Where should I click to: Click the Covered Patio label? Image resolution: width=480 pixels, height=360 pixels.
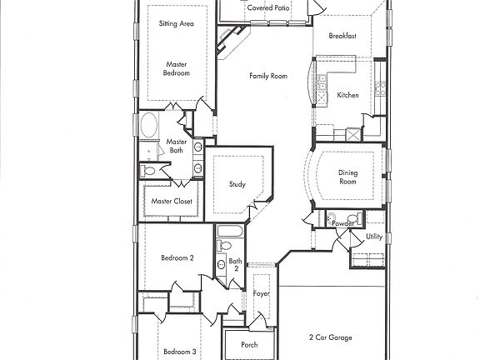click(x=269, y=7)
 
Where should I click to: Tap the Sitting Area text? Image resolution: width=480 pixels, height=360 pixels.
click(x=177, y=24)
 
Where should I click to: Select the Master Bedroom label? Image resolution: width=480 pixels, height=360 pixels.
click(x=177, y=68)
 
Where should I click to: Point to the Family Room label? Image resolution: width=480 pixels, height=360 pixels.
click(x=267, y=76)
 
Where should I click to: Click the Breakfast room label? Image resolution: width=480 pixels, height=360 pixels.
click(x=342, y=37)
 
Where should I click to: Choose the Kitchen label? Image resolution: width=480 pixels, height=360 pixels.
click(x=347, y=95)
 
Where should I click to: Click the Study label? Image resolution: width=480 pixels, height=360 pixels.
click(x=237, y=184)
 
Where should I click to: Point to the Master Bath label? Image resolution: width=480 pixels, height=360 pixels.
click(x=177, y=146)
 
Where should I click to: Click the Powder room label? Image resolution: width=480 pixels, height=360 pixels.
click(x=342, y=223)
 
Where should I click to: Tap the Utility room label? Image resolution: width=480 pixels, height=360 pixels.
click(x=374, y=237)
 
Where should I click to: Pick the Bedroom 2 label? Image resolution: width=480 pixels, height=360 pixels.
click(x=177, y=258)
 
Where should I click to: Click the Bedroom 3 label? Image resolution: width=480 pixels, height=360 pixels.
click(x=179, y=352)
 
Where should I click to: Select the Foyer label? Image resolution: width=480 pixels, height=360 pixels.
click(x=261, y=293)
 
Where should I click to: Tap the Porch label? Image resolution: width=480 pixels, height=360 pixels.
click(x=248, y=344)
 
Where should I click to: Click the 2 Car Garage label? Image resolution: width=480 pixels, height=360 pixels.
click(x=330, y=337)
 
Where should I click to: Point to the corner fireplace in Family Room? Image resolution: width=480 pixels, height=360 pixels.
click(x=229, y=39)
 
